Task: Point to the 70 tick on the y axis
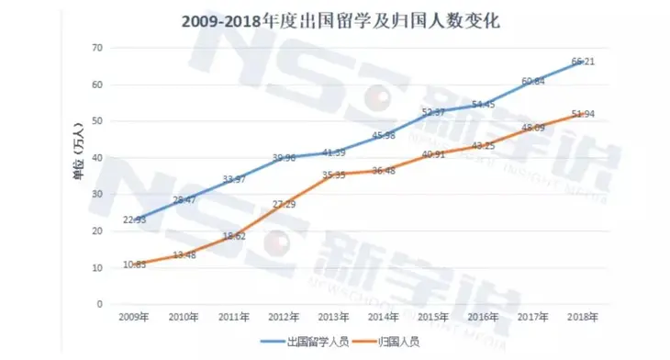coord(97,48)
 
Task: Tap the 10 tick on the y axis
coord(97,267)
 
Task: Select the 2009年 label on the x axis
coord(134,318)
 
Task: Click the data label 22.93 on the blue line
coord(134,218)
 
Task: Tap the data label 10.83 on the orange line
coord(134,264)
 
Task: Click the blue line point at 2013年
coord(333,152)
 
